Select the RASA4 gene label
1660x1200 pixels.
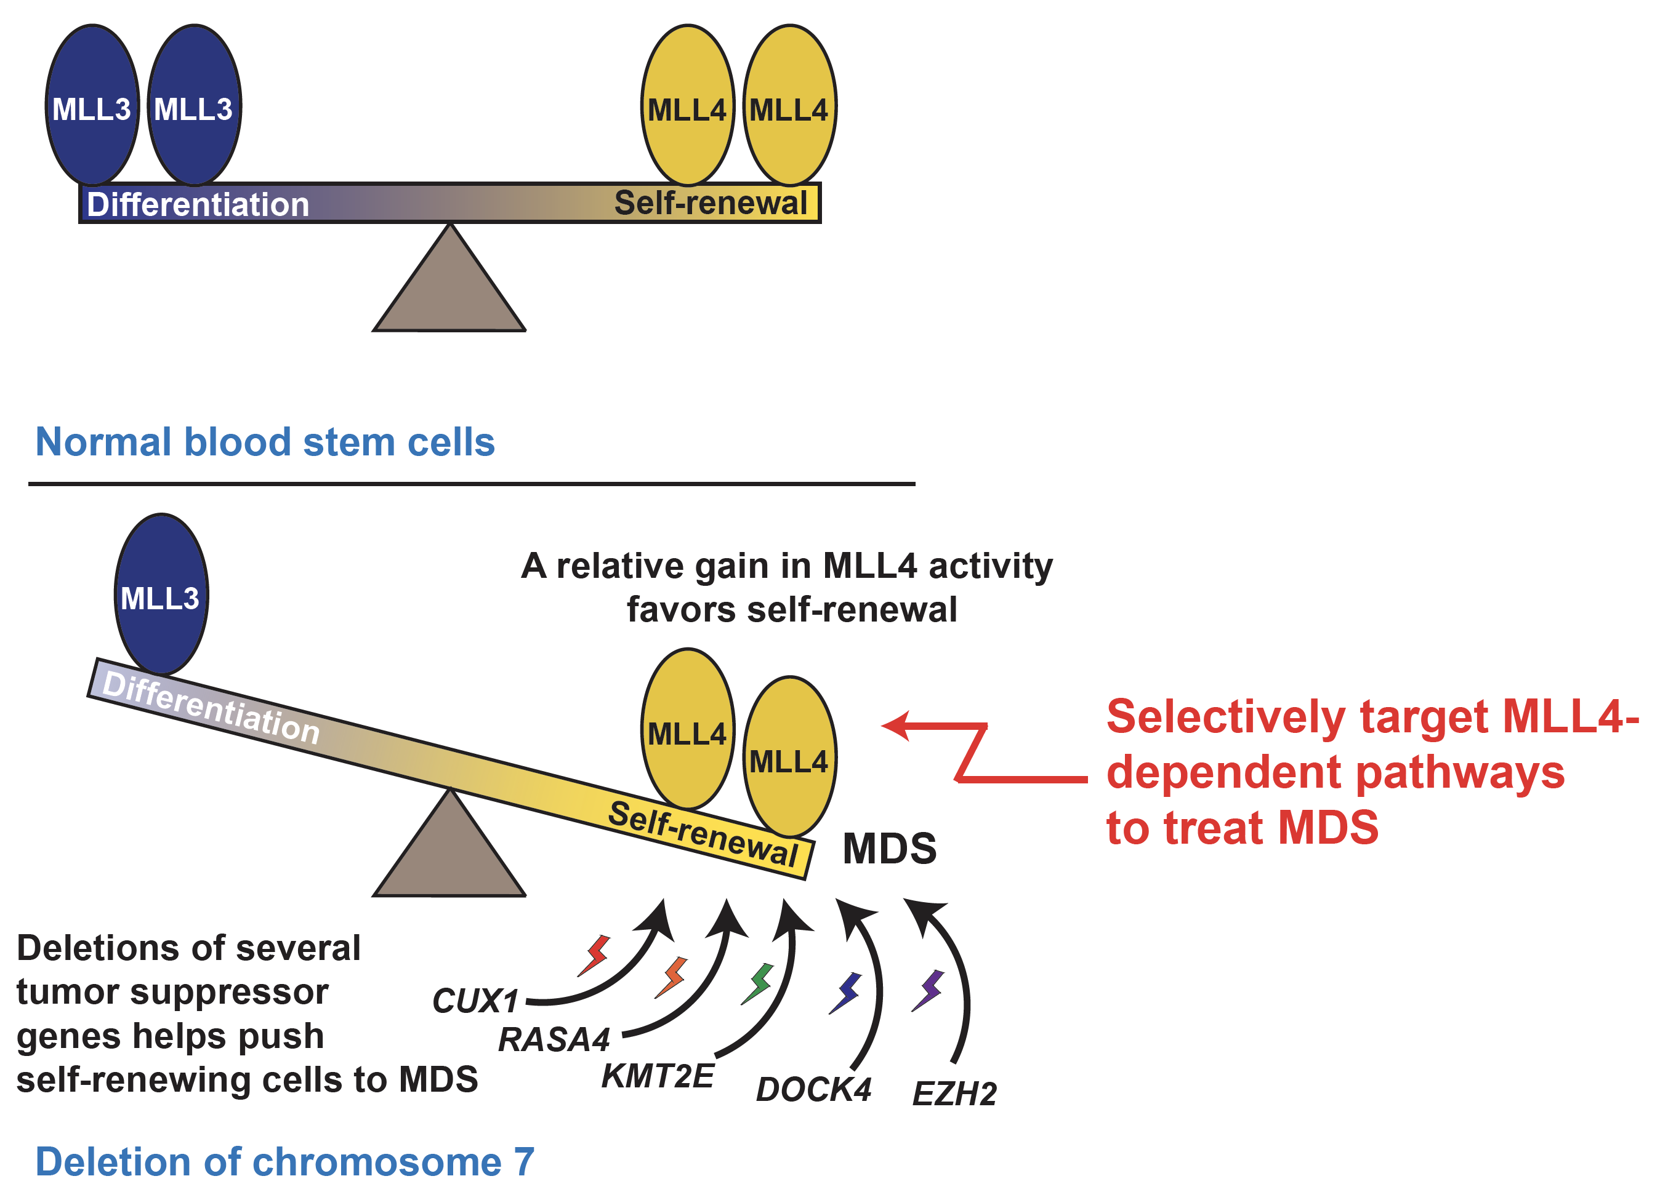tap(554, 1039)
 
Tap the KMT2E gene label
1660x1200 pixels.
tap(657, 1076)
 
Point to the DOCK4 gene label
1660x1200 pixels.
tap(813, 1089)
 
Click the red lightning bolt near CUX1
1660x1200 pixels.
tap(594, 955)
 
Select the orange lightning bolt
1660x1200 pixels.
tap(671, 977)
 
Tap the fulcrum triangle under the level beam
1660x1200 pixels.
tap(449, 286)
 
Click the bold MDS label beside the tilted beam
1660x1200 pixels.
tap(888, 849)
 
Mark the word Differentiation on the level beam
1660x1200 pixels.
tap(198, 204)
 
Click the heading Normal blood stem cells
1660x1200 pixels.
tap(265, 442)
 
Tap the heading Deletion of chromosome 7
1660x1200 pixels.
tap(284, 1161)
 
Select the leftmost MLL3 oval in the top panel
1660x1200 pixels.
tap(92, 105)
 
